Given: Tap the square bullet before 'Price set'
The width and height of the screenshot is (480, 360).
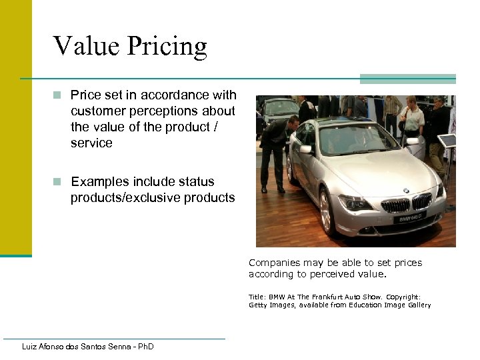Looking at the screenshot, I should [x=59, y=95].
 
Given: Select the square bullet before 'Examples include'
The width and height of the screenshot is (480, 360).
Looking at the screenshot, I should [x=59, y=181].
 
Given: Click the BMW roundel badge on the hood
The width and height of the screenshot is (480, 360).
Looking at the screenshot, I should [x=406, y=191].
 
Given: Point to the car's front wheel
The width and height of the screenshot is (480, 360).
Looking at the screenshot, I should [x=327, y=211].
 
